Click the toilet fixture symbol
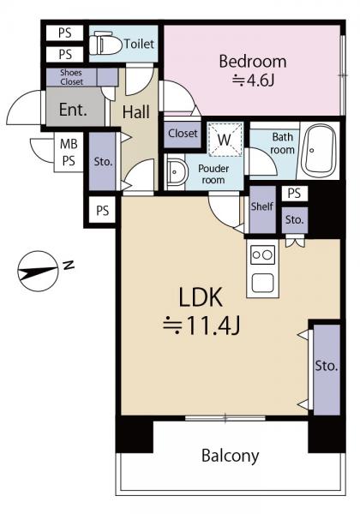(x=105, y=43)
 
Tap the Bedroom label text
(x=253, y=62)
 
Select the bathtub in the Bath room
(x=318, y=151)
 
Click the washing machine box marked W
(x=225, y=139)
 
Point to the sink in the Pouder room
(x=177, y=172)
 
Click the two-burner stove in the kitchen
(x=262, y=254)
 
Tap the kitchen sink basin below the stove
(x=262, y=283)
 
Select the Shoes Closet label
(x=71, y=77)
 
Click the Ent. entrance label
(x=73, y=110)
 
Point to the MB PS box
(x=69, y=152)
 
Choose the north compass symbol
(x=38, y=271)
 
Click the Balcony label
(x=231, y=456)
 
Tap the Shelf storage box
(x=262, y=210)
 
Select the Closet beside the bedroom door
(x=183, y=134)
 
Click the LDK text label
(x=201, y=296)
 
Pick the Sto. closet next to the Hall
(x=103, y=161)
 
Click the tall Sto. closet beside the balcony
(x=327, y=369)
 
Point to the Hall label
(x=135, y=111)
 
